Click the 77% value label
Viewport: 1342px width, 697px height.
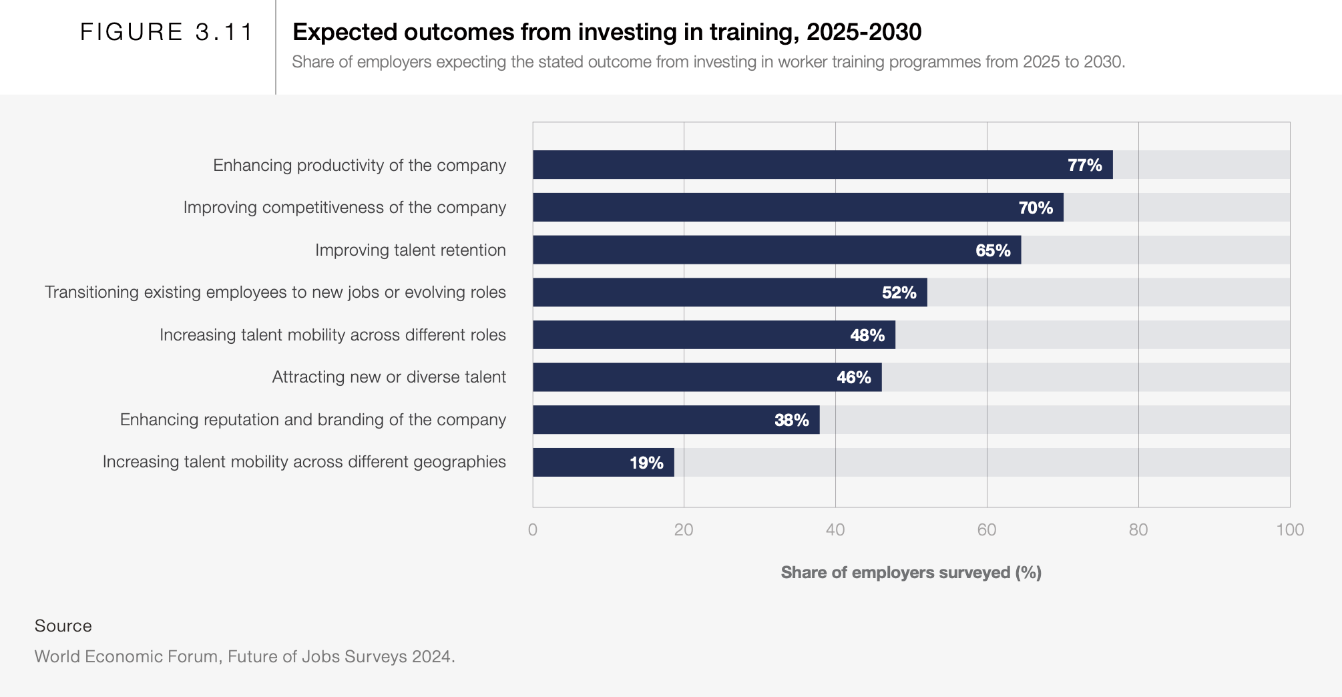tap(1084, 165)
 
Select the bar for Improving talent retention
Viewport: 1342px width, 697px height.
tap(776, 250)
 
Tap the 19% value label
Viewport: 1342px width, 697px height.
tap(646, 463)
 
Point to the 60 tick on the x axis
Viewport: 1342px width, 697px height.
tap(987, 530)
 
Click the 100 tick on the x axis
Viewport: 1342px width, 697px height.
tap(1290, 530)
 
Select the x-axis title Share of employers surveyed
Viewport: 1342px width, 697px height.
tap(911, 573)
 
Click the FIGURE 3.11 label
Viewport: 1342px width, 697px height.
tap(167, 32)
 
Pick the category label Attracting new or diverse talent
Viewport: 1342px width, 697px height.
tap(389, 377)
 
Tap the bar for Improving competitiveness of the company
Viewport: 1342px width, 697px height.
tap(798, 207)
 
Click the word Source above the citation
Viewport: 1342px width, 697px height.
tap(63, 626)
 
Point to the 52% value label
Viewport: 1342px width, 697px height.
tap(899, 292)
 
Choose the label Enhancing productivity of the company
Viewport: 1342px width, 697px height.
tap(359, 165)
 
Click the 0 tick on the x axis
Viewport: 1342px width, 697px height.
tap(533, 530)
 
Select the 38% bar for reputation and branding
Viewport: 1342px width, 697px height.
tap(676, 420)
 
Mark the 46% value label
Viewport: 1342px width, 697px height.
tap(853, 377)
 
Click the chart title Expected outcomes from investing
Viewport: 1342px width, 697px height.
tap(607, 32)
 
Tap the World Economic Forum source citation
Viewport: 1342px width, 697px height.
tap(244, 656)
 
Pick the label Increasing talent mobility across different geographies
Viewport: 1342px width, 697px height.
tap(304, 462)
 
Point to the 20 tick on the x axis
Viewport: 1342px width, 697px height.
tap(684, 530)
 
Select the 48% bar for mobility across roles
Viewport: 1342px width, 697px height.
tap(714, 334)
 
